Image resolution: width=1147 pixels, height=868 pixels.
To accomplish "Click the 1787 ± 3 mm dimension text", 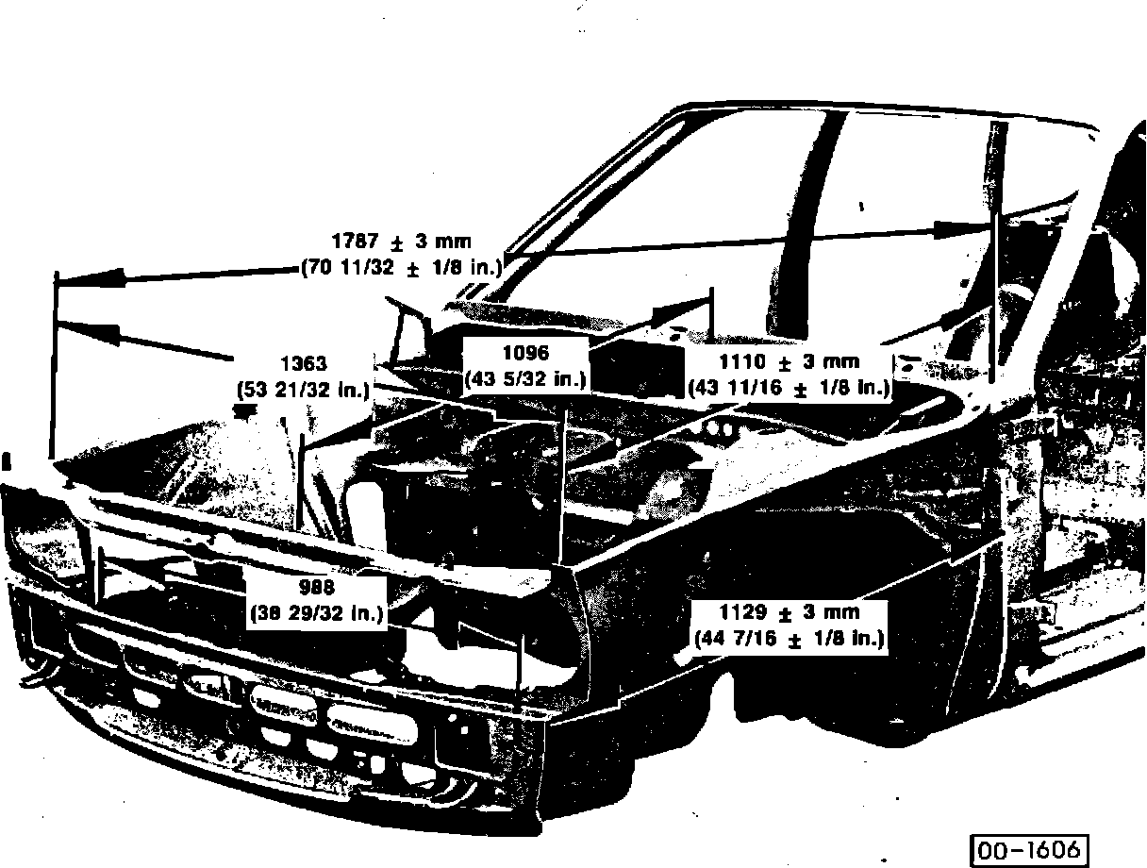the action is (x=401, y=242).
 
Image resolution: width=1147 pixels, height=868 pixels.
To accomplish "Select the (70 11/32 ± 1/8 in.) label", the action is (x=401, y=267).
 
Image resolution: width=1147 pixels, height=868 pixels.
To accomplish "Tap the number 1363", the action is (x=304, y=363).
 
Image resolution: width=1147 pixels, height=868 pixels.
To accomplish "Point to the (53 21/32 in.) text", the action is (x=304, y=388).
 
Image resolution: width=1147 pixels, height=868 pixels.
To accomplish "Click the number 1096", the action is (x=525, y=354).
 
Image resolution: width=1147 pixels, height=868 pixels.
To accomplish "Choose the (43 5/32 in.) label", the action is (x=525, y=379).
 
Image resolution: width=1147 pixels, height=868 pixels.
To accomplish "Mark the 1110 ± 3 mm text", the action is (x=789, y=361).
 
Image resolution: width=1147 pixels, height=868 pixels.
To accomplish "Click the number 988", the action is (x=316, y=588).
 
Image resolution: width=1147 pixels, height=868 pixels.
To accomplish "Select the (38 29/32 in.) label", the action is (x=316, y=613).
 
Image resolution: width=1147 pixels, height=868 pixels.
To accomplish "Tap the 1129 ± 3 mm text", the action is (x=789, y=612).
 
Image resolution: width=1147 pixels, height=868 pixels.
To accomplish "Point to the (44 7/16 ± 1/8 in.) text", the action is (x=789, y=638).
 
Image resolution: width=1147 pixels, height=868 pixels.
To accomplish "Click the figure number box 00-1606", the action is (x=1027, y=848).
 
